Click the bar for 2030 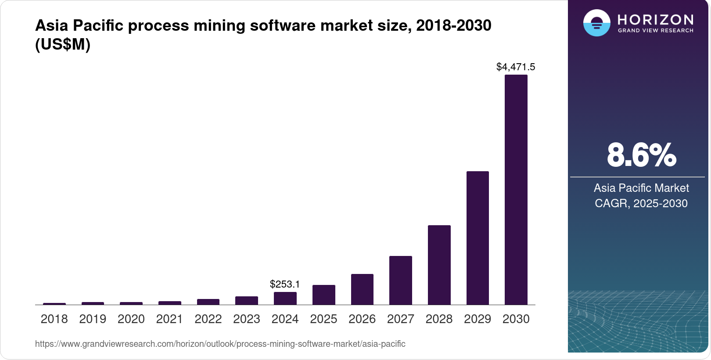[516, 190]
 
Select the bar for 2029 [478, 238]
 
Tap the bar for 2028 [439, 265]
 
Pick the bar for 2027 [400, 281]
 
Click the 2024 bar [285, 299]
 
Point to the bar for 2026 [362, 289]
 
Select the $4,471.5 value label [516, 67]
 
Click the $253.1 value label [285, 284]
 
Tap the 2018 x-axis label [54, 319]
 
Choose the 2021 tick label [169, 319]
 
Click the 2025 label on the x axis [323, 319]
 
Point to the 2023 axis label [247, 319]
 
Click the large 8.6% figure [641, 155]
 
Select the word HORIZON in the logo [655, 20]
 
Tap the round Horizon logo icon [596, 23]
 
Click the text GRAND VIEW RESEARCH [655, 31]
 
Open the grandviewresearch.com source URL [220, 344]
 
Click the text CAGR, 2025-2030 [641, 204]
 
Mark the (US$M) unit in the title [63, 44]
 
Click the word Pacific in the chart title [98, 25]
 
